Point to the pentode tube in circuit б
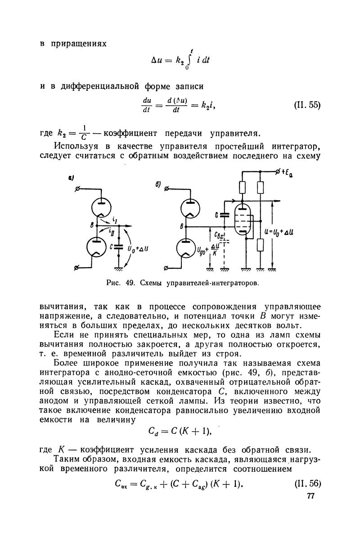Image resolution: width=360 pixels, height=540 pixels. coord(243,218)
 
